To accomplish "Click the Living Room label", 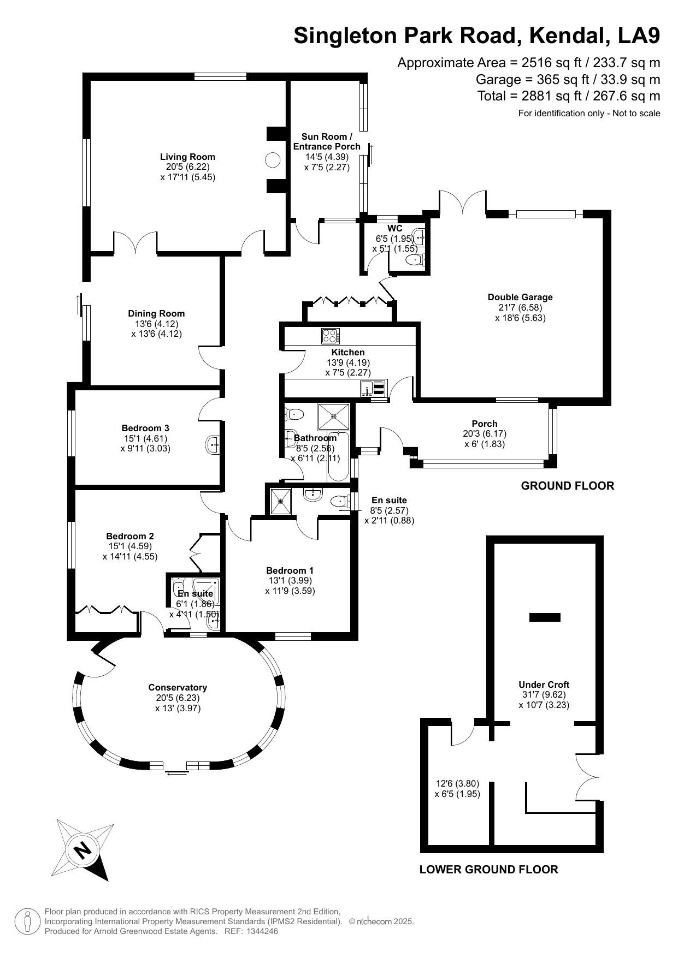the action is click(x=187, y=157).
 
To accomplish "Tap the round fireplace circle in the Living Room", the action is click(x=273, y=160).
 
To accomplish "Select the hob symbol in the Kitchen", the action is click(x=331, y=335).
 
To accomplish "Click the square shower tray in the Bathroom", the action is click(x=333, y=416).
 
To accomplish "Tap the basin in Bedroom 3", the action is click(x=213, y=444).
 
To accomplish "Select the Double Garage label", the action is click(x=520, y=297).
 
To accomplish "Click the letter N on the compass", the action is click(x=82, y=850).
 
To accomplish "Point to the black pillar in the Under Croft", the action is click(x=545, y=617).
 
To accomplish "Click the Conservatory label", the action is click(x=178, y=687).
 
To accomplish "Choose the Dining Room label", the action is click(x=156, y=313).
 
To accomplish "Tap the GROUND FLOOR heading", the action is click(x=568, y=486).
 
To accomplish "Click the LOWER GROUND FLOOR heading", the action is click(x=489, y=870).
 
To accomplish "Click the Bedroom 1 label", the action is click(x=290, y=570).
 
